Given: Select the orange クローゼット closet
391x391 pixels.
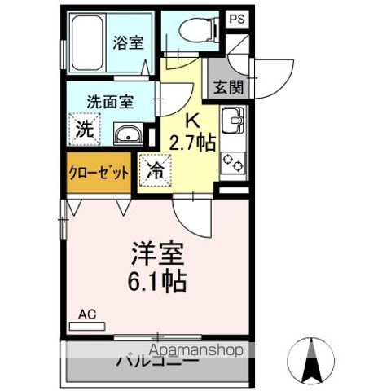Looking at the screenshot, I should point(97,172).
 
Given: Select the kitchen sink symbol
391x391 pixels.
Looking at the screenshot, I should point(235,121).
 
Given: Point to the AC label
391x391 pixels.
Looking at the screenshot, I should point(87,314).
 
